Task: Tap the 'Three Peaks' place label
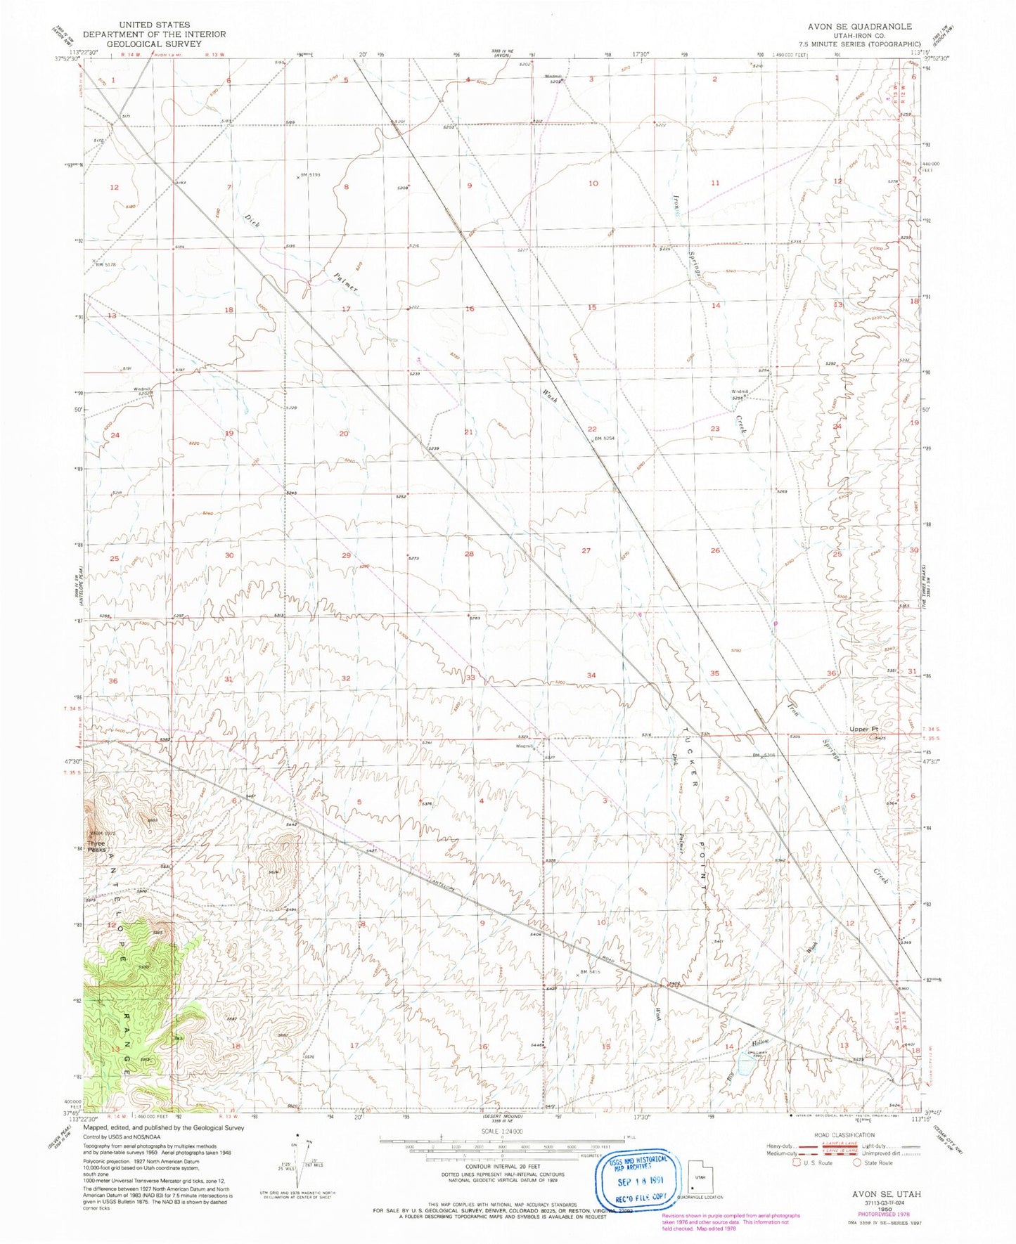point(96,846)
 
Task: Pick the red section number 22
point(592,429)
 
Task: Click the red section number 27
point(586,551)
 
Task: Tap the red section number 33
point(470,677)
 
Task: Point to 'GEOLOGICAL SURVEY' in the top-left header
point(154,44)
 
